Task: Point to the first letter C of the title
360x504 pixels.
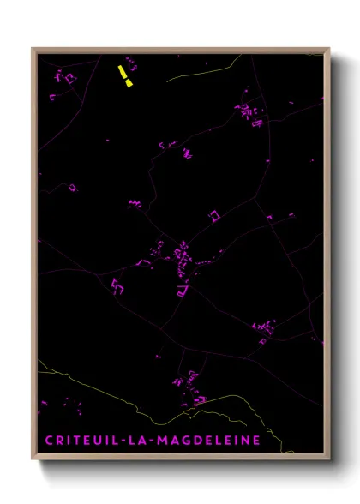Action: tap(49, 440)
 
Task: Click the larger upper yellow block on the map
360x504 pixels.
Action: tap(124, 70)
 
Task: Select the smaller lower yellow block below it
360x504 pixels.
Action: tap(129, 82)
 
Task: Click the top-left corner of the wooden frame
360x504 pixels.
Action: tap(33, 49)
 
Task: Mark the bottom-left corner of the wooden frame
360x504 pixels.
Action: tap(33, 459)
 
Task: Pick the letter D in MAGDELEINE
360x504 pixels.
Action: tap(195, 440)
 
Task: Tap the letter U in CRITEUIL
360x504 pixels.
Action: tap(98, 440)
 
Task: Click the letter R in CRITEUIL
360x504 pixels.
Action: tap(59, 440)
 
